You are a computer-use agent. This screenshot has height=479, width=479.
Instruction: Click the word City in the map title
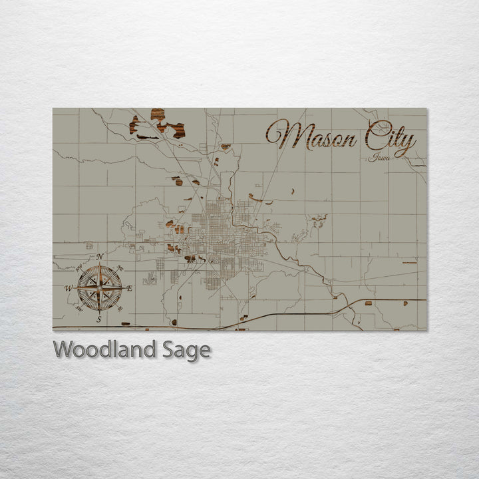click(x=388, y=140)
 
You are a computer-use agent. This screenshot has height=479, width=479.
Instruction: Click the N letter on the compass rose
click(x=100, y=257)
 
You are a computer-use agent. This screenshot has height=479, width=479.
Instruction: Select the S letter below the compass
click(x=99, y=319)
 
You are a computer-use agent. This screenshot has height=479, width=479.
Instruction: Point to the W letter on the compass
click(x=68, y=288)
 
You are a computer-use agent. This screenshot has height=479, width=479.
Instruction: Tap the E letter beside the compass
click(x=129, y=288)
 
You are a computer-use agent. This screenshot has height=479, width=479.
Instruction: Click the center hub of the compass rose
click(x=99, y=287)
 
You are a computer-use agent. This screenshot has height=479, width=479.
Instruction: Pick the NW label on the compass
click(x=79, y=268)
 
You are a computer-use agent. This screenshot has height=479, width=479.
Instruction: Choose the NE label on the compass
click(x=119, y=268)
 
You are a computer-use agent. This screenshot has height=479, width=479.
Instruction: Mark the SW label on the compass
click(x=79, y=307)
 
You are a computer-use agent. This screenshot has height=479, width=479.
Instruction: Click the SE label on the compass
click(x=119, y=307)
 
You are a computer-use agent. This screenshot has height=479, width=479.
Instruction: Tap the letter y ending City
click(x=407, y=144)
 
